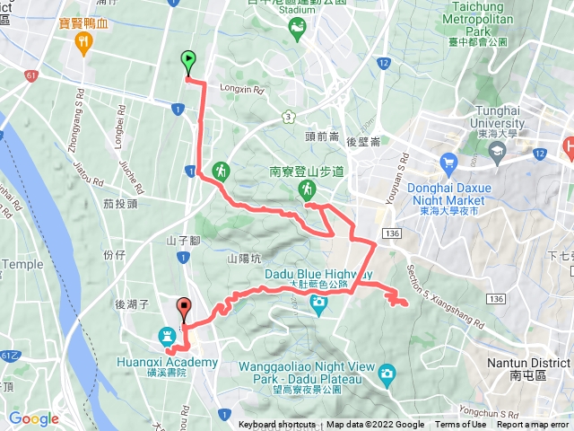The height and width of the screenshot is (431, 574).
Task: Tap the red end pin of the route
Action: pyautogui.click(x=184, y=308)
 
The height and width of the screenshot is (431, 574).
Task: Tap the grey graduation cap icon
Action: pyautogui.click(x=496, y=156)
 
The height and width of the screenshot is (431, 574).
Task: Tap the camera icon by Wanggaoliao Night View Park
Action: pyautogui.click(x=387, y=373)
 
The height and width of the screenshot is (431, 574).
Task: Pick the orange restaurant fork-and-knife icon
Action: pyautogui.click(x=84, y=41)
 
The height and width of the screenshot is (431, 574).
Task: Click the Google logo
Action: pyautogui.click(x=34, y=418)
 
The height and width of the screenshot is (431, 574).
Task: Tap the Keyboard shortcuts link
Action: pyautogui.click(x=277, y=425)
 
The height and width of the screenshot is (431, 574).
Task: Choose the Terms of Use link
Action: pyautogui.click(x=461, y=425)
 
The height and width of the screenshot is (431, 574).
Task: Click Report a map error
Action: pyautogui.click(x=533, y=425)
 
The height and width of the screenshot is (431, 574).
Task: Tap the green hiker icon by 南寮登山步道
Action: pyautogui.click(x=307, y=189)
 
